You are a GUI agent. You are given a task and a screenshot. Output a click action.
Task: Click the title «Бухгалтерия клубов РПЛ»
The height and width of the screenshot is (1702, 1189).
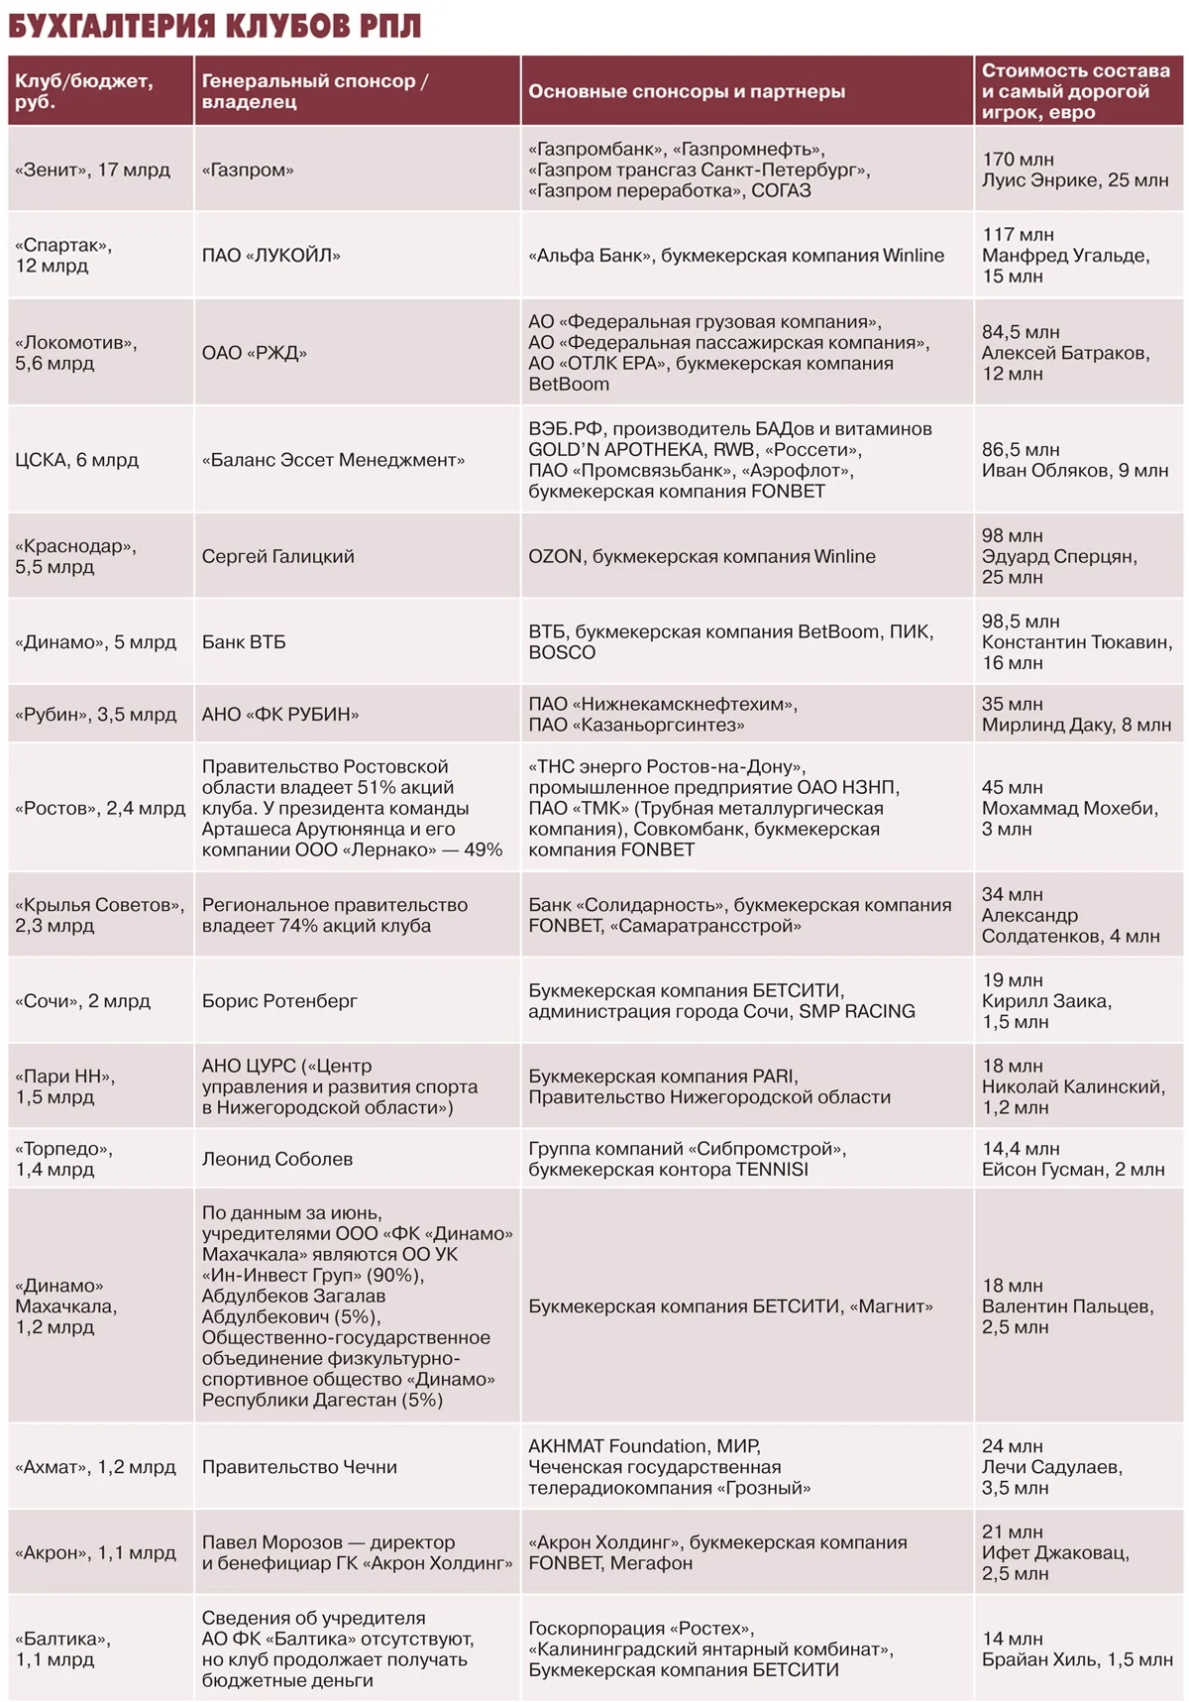pyautogui.click(x=214, y=26)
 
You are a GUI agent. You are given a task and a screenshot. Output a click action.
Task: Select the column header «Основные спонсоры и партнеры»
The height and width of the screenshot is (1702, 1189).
pyautogui.click(x=686, y=91)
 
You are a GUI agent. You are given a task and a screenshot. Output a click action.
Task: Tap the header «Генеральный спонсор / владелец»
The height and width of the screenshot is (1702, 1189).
pyautogui.click(x=314, y=91)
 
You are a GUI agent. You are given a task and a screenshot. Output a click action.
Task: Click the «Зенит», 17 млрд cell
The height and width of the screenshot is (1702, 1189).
pyautogui.click(x=92, y=170)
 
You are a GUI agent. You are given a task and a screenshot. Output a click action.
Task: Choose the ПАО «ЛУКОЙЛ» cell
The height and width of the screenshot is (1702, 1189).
pyautogui.click(x=270, y=255)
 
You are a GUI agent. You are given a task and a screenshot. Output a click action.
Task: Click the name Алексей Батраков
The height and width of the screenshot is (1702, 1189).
pyautogui.click(x=1065, y=353)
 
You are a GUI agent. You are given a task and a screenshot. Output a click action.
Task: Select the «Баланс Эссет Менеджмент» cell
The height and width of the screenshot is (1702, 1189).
pyautogui.click(x=333, y=460)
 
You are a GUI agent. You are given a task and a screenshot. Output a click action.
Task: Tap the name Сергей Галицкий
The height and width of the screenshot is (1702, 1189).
pyautogui.click(x=277, y=556)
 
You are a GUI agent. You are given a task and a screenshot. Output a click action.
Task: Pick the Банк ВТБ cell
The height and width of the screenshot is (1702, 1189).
pyautogui.click(x=244, y=642)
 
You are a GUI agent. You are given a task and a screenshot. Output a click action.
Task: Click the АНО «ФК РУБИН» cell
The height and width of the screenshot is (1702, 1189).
pyautogui.click(x=279, y=714)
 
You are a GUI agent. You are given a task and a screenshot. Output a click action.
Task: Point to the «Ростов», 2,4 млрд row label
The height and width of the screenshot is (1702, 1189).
pyautogui.click(x=100, y=808)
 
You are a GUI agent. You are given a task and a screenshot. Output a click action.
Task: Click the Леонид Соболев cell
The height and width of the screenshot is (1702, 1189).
pyautogui.click(x=276, y=1159)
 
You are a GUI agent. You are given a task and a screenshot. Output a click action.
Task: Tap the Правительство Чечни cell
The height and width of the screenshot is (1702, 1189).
pyautogui.click(x=299, y=1467)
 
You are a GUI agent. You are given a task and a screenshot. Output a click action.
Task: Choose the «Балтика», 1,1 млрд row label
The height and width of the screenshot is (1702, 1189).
pyautogui.click(x=62, y=1648)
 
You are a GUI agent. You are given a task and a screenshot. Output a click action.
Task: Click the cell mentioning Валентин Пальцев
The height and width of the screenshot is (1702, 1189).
pyautogui.click(x=1067, y=1306)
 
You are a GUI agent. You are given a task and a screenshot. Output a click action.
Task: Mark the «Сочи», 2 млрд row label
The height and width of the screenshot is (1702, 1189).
pyautogui.click(x=82, y=1000)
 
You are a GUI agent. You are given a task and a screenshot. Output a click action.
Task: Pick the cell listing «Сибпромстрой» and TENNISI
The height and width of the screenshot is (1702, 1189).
pyautogui.click(x=687, y=1159)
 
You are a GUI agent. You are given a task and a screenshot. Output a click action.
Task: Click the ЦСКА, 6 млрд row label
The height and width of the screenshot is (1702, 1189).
pyautogui.click(x=76, y=460)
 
